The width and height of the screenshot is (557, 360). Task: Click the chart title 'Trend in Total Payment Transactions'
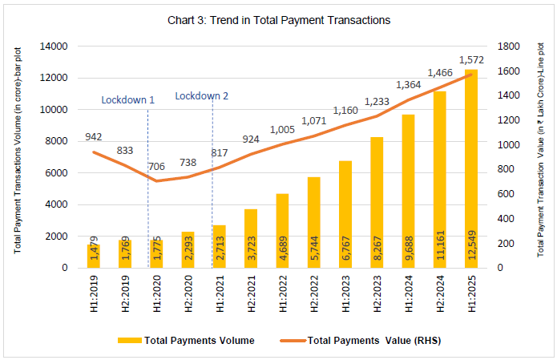click(x=278, y=20)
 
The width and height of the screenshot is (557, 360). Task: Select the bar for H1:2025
click(x=470, y=168)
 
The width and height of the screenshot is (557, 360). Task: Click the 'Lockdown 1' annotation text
click(x=128, y=100)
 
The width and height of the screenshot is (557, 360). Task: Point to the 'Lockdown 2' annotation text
click(x=202, y=96)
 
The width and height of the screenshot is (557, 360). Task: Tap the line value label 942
click(x=95, y=136)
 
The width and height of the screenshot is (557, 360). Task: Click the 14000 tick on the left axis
click(x=65, y=47)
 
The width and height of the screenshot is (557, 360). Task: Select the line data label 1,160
click(x=346, y=111)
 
